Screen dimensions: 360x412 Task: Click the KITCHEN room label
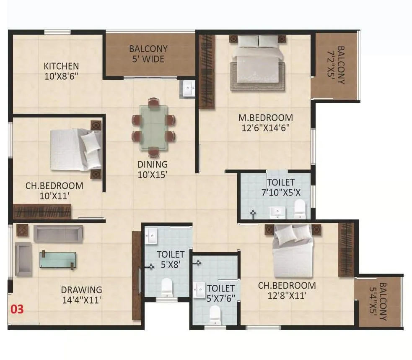(61, 66)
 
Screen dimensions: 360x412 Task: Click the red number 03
(17, 310)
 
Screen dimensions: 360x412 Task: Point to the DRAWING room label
(81, 290)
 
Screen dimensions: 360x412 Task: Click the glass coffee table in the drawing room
(58, 259)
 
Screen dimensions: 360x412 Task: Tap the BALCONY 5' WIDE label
(148, 54)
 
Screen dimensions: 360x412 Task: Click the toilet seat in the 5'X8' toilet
(167, 287)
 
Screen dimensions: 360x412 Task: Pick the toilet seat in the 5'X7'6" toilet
(215, 313)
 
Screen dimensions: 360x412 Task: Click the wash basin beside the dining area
(188, 89)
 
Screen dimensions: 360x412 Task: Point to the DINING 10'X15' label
(153, 169)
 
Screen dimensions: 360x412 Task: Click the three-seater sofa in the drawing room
(58, 233)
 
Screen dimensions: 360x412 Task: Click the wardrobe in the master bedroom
(206, 71)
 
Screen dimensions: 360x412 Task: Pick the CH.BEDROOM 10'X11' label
(48, 190)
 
